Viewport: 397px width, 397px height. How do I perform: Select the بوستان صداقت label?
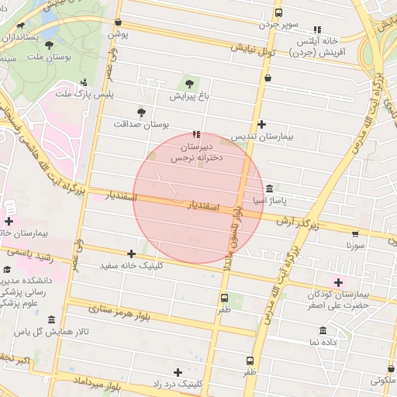tap(141, 123)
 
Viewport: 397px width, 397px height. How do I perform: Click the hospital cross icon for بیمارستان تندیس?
tap(261, 124)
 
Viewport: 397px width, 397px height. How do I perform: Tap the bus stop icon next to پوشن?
tap(118, 22)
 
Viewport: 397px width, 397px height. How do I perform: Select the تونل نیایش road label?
tap(253, 51)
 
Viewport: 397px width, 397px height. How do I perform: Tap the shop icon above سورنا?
tap(355, 233)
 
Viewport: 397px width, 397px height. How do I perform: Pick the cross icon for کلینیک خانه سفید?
tap(131, 254)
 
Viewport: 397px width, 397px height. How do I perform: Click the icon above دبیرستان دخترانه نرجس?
tap(195, 133)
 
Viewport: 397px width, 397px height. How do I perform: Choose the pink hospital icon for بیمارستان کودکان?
tap(337, 281)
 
